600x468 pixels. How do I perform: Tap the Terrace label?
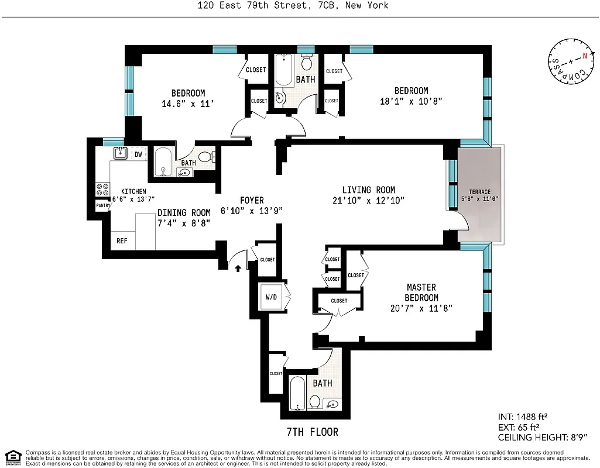[479, 192]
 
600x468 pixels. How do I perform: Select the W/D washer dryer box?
[272, 297]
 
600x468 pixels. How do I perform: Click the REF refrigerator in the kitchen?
[122, 240]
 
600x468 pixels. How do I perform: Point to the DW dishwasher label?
[138, 154]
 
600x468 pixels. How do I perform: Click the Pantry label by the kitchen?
[102, 206]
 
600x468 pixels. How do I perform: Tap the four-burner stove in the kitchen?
[102, 190]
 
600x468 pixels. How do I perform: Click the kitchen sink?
[121, 154]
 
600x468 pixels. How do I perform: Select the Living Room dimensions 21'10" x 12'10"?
[369, 201]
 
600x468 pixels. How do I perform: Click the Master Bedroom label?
[421, 292]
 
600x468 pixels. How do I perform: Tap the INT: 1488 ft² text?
[522, 417]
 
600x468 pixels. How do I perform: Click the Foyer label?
[251, 200]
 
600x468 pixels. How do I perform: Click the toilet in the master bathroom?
[314, 401]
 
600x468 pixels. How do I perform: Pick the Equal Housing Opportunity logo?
[13, 457]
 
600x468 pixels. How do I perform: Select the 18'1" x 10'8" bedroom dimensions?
[410, 101]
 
